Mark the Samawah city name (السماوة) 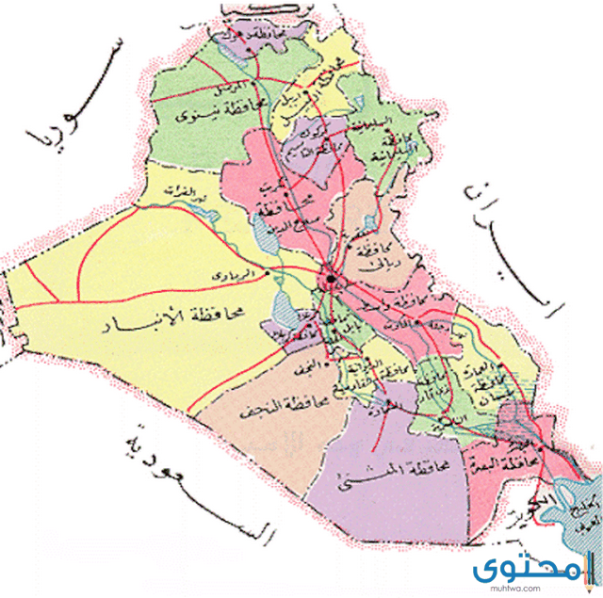400,406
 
